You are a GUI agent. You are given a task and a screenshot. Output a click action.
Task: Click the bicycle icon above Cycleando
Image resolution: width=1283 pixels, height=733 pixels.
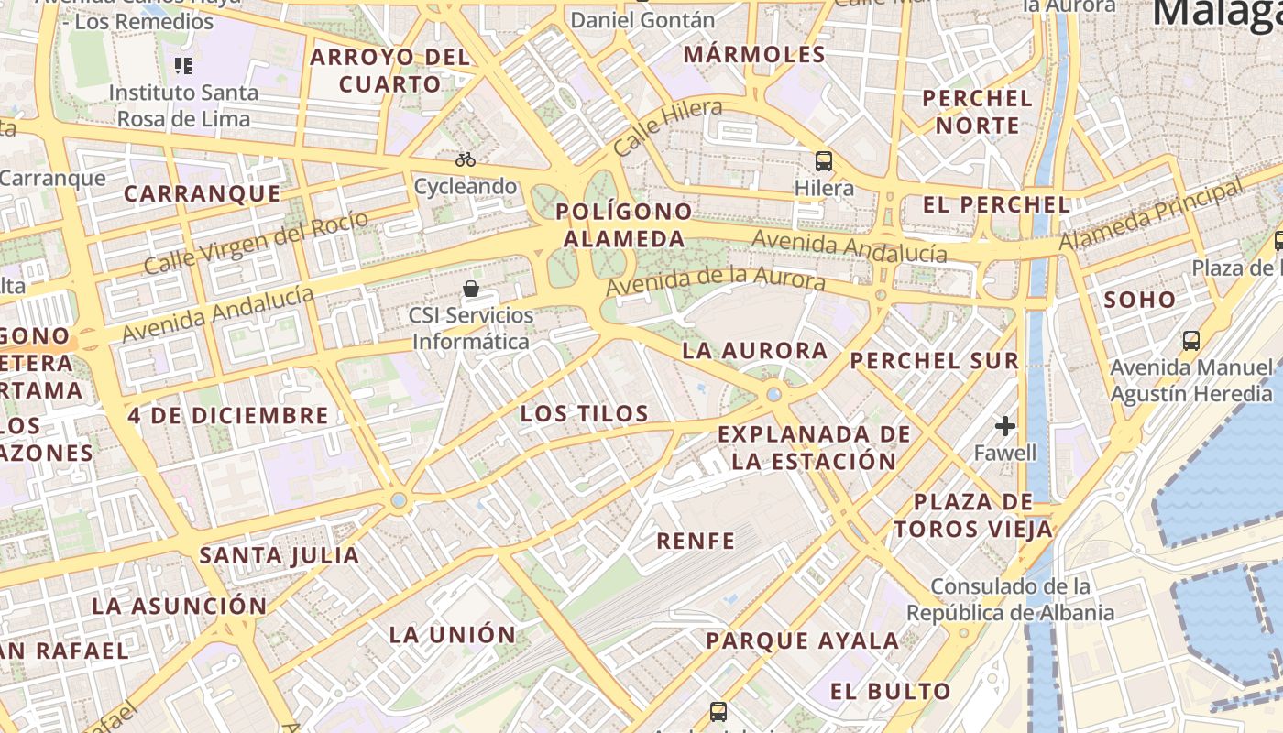(x=466, y=159)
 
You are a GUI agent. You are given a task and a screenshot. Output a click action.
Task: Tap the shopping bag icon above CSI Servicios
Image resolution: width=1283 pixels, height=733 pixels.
(x=471, y=289)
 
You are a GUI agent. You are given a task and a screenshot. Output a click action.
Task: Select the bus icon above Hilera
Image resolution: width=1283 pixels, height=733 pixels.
(x=823, y=161)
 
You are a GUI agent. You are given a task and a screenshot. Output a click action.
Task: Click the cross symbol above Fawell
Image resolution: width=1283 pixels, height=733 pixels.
(x=1005, y=426)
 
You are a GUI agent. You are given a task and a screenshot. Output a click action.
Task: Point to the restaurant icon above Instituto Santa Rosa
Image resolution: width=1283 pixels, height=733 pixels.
(x=183, y=65)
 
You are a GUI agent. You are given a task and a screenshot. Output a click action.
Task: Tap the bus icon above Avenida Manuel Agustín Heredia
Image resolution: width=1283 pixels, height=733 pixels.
(x=1191, y=341)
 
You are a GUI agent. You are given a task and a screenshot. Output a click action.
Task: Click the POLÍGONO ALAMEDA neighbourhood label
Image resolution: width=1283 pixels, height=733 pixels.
(x=625, y=225)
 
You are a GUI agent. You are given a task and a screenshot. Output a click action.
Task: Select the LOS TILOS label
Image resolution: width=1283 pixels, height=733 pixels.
(x=585, y=413)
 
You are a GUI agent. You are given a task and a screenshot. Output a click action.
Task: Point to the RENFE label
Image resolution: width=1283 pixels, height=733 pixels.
(x=696, y=541)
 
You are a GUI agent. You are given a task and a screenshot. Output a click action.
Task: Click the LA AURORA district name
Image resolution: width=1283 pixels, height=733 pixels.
(x=755, y=351)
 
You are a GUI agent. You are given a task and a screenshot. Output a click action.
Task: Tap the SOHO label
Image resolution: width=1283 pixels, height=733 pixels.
(x=1139, y=300)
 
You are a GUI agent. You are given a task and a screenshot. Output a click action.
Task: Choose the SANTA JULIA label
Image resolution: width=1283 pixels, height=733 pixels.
(x=280, y=555)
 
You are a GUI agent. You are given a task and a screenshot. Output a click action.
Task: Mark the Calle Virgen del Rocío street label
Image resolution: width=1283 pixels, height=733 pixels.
(x=256, y=243)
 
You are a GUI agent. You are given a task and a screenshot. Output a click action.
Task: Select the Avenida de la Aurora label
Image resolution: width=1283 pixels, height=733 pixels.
(x=716, y=279)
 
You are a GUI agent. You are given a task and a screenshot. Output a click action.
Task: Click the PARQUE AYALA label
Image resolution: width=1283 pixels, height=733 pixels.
(x=803, y=640)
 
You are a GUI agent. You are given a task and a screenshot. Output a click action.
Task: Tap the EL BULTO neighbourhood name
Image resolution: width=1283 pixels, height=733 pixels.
(x=891, y=691)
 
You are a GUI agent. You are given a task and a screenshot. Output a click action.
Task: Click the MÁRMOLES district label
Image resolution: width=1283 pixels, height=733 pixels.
(x=755, y=54)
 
